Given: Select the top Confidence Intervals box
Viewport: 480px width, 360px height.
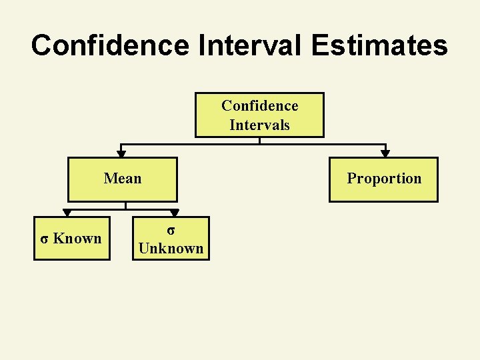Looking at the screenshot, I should click(x=259, y=115).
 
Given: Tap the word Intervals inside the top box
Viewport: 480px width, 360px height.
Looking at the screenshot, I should click(x=259, y=125).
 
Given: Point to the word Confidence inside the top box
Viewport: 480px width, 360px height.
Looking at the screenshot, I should click(x=259, y=105).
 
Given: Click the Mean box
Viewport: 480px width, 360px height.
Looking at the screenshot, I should click(x=123, y=179).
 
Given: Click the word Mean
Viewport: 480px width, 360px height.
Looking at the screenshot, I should click(x=123, y=178).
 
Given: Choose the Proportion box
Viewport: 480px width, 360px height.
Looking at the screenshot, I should click(x=384, y=179).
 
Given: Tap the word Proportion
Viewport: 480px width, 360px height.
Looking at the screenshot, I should click(x=384, y=178).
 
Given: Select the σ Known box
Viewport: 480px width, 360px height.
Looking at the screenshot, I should click(x=72, y=238).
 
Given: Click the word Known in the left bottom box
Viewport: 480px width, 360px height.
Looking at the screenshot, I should click(x=77, y=238).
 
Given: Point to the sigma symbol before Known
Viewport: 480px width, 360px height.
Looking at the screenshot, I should click(x=44, y=239).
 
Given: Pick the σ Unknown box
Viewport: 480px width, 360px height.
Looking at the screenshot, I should click(x=171, y=239).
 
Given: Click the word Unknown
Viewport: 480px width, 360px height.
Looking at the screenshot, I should click(x=171, y=249).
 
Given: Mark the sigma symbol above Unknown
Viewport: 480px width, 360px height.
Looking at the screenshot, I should click(x=171, y=230).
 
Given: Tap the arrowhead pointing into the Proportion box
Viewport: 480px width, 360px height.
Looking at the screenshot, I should click(x=385, y=153).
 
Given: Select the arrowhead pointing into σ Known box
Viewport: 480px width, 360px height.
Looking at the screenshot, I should click(x=66, y=213).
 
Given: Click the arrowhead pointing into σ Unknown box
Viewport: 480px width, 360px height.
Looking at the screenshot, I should click(x=174, y=213).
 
